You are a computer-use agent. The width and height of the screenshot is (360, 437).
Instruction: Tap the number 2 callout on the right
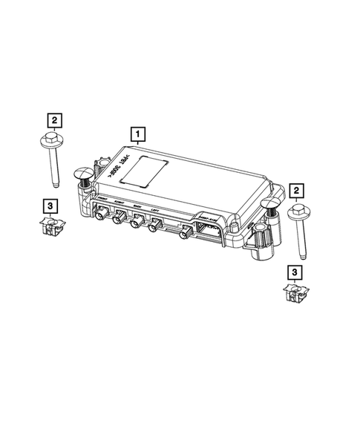click(297, 192)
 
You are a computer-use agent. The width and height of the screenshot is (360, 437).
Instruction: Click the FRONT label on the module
click(102, 200)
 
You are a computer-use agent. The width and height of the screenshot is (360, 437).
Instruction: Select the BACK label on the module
click(138, 207)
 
